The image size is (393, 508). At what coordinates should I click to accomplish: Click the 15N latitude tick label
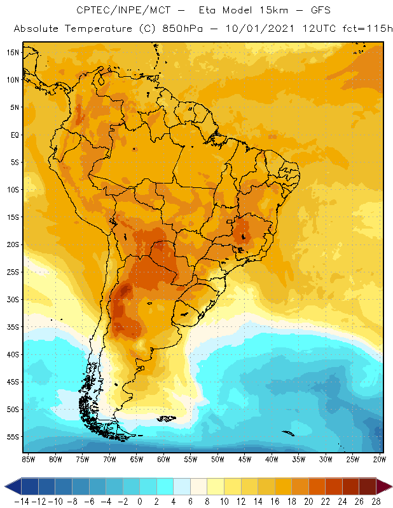click(x=12, y=52)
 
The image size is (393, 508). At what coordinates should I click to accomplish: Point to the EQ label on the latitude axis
click(x=13, y=135)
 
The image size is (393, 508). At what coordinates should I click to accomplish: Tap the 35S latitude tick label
click(x=12, y=327)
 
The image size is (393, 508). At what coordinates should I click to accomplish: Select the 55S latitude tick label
click(x=12, y=437)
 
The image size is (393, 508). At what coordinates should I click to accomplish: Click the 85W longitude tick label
click(x=29, y=458)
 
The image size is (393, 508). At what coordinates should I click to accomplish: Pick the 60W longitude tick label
click(x=163, y=458)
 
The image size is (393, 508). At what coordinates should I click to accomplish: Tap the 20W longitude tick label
click(x=380, y=458)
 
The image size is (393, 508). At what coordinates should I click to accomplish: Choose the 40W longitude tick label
click(x=272, y=458)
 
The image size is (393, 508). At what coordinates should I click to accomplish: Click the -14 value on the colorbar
click(x=22, y=501)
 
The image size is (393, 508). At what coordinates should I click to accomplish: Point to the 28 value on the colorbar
click(x=376, y=501)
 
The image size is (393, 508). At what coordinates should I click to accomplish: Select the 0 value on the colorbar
click(x=139, y=501)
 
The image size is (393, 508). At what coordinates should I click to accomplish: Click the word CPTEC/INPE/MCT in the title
click(x=116, y=11)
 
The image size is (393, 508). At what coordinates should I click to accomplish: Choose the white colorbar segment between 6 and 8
click(x=198, y=486)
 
